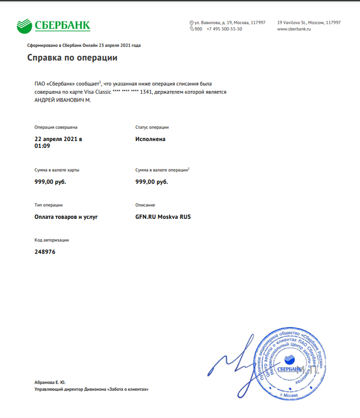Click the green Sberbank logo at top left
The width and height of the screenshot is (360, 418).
[53, 25]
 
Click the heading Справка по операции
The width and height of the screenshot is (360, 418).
[72, 58]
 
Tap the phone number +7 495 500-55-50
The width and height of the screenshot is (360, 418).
[224, 29]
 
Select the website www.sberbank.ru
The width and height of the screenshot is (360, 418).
[294, 29]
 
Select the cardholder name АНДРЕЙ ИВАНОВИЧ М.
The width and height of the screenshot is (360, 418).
[62, 100]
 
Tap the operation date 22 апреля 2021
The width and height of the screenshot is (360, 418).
[58, 139]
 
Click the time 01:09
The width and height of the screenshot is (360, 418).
[42, 146]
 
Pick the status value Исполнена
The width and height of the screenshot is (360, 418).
[150, 139]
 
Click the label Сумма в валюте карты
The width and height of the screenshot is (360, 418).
[57, 169]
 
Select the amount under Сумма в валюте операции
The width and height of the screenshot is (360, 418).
[151, 182]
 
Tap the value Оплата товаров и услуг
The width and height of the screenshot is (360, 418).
[66, 217]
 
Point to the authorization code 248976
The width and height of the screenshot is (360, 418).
[45, 252]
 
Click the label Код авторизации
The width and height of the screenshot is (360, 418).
[51, 240]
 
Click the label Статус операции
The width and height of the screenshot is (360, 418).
[152, 127]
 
